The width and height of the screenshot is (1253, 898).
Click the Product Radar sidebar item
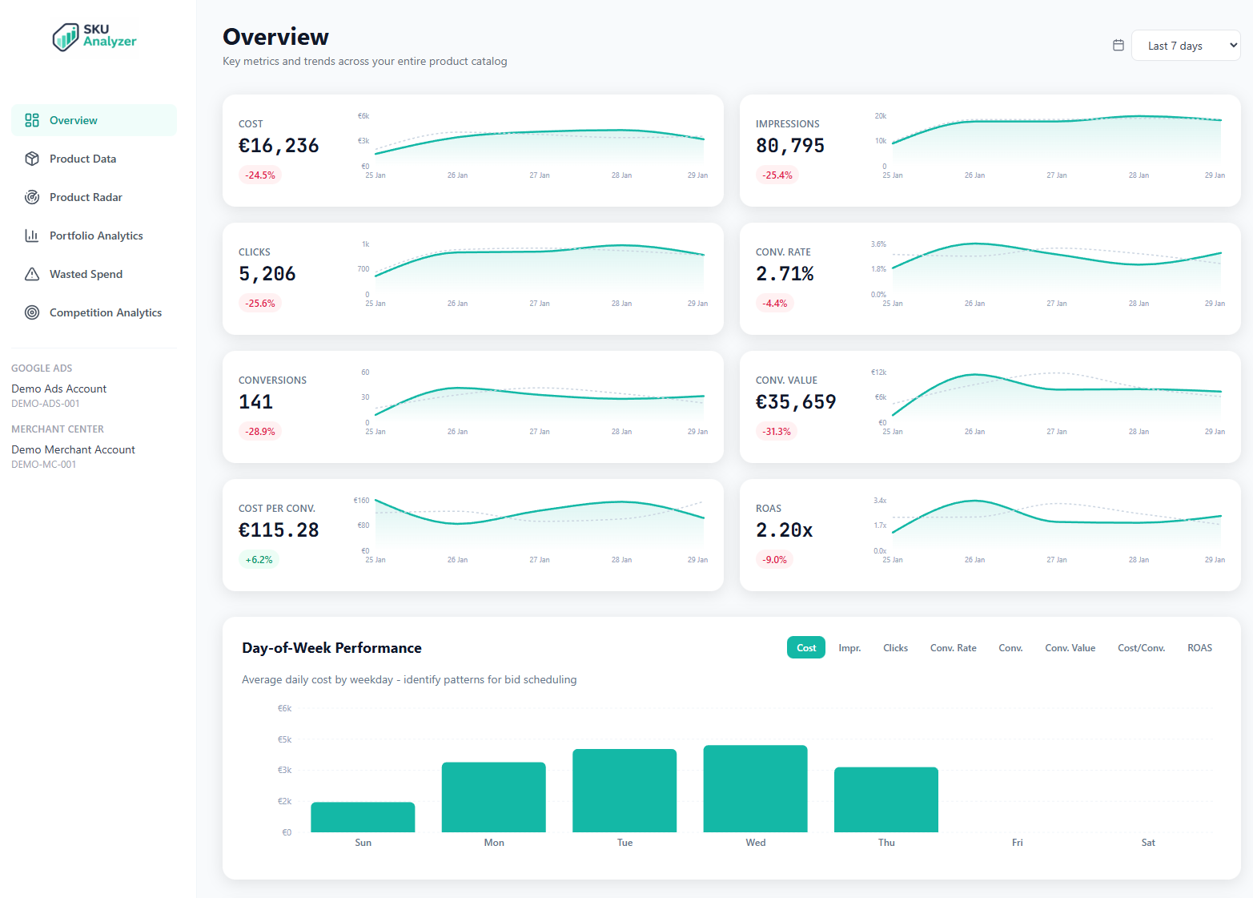(86, 197)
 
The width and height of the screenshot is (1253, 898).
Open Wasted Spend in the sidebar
(86, 274)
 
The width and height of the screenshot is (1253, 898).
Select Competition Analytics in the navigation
(105, 312)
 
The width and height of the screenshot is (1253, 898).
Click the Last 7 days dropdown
(1185, 46)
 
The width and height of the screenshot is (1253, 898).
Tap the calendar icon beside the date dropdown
(1118, 46)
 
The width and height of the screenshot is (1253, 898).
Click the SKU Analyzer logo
(94, 36)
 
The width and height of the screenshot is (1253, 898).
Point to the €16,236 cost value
(279, 146)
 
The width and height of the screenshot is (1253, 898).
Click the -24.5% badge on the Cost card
(260, 175)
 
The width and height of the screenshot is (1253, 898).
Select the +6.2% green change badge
(259, 560)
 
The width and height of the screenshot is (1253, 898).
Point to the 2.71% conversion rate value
(785, 274)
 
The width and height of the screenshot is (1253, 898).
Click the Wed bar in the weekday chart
(755, 789)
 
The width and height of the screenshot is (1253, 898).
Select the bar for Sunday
(363, 817)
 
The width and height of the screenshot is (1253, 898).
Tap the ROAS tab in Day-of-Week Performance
(1199, 648)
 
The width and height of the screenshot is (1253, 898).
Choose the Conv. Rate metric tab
(953, 648)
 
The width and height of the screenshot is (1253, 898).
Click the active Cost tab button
(806, 648)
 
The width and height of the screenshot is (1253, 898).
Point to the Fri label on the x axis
(1017, 843)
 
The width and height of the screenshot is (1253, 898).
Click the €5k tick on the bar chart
(284, 739)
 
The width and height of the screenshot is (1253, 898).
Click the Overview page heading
(275, 37)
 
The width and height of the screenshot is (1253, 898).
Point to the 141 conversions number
(256, 402)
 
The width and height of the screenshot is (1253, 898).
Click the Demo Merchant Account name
(73, 449)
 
